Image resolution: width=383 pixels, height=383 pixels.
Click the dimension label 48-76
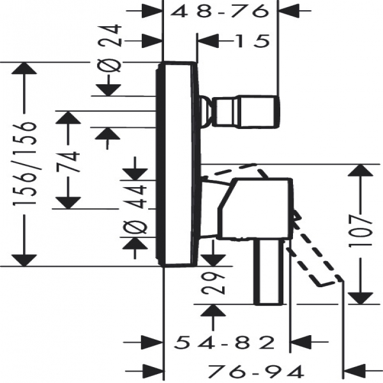point(218,11)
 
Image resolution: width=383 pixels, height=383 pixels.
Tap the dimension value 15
point(253,41)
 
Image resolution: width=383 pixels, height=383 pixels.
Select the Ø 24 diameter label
point(110,48)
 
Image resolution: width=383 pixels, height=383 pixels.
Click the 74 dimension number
point(68,161)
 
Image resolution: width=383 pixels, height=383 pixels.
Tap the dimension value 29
point(213,283)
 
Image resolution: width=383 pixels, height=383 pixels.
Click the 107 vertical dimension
point(361,231)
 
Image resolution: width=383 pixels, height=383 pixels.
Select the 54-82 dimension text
point(224,342)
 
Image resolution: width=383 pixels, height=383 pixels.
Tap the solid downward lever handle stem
point(269,272)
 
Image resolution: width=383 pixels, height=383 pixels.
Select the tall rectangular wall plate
point(178,163)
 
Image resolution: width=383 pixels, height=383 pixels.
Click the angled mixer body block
point(255,209)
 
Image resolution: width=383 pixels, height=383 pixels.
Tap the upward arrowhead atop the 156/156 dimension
point(24,68)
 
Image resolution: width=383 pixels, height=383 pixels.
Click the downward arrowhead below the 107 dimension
point(361,298)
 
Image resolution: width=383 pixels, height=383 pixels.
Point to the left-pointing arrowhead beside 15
point(208,41)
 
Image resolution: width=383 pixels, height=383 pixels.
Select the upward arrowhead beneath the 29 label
point(213,310)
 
